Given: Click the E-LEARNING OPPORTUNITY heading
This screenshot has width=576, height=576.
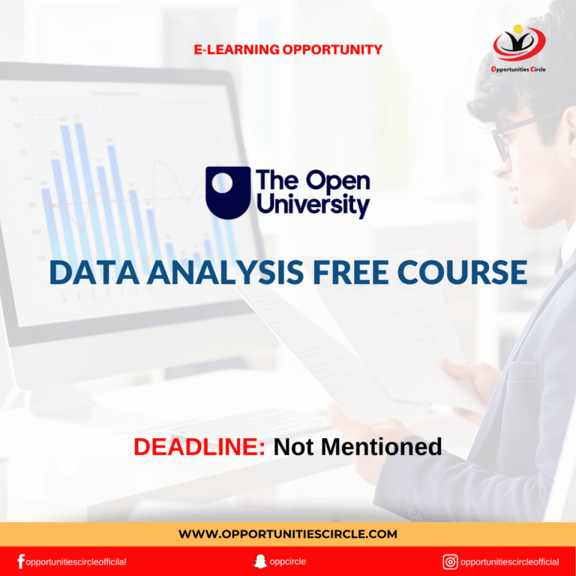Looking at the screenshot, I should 288,50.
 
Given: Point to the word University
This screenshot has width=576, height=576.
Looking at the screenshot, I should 313,205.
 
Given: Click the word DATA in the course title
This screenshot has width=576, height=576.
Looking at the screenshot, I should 87,273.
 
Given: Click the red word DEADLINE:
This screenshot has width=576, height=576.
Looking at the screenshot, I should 199,447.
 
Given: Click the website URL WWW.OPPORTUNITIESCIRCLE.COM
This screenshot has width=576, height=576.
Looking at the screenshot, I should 288,534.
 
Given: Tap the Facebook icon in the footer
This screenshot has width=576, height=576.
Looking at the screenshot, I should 21,562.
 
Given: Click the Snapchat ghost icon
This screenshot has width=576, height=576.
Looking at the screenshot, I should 259,562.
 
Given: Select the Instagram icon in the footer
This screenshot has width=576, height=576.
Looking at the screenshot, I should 450,562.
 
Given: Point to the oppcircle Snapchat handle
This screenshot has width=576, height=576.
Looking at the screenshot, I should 288,562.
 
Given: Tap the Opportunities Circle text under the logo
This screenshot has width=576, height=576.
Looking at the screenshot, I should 519,70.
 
